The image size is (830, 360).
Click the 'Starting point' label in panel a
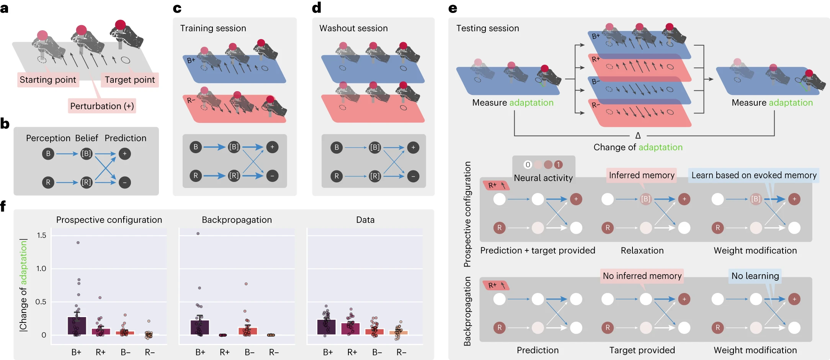pos(48,80)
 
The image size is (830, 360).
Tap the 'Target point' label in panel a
pos(130,80)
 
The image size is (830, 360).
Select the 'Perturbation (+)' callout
pos(102,106)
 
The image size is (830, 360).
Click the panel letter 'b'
pos(5,124)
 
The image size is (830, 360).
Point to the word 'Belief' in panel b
pos(87,138)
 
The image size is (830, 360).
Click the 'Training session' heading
pos(213,28)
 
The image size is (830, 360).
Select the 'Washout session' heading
pos(353,28)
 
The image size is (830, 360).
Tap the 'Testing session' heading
pos(487,28)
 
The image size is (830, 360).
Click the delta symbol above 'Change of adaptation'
pos(638,136)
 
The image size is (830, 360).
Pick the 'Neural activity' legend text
pos(543,178)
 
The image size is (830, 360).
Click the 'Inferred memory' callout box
pos(642,175)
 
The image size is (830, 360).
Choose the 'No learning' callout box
pos(755,276)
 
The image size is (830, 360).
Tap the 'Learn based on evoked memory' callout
pos(754,175)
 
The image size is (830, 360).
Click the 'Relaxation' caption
pos(642,250)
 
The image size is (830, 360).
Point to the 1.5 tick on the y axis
pos(41,235)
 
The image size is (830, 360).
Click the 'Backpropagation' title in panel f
pos(237,220)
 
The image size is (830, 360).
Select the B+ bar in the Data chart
pos(327,327)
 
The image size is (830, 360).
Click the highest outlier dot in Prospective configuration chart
pos(78,242)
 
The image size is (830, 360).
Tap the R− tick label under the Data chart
pos(401,352)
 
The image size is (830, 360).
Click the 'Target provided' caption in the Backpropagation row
pos(642,350)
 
